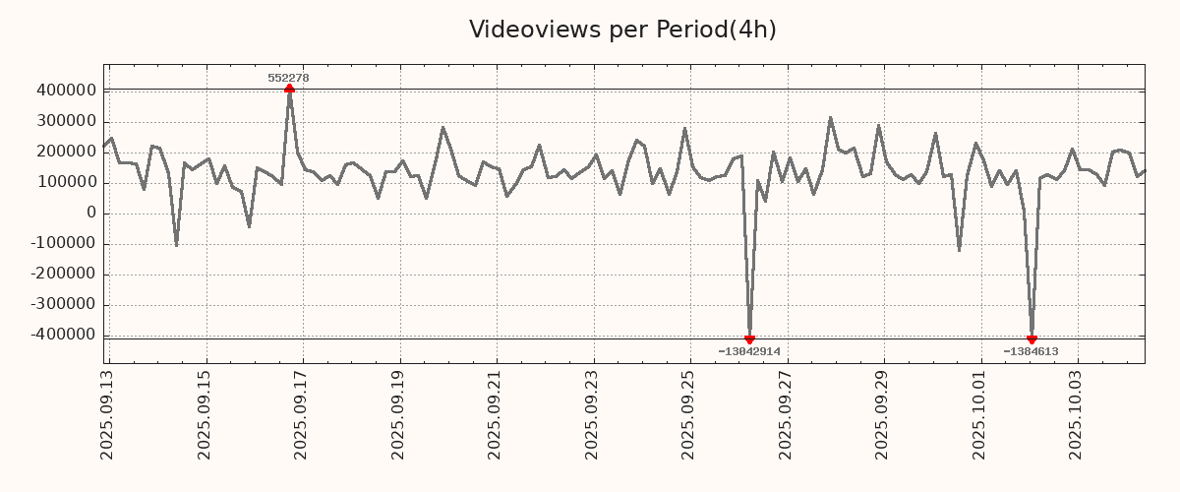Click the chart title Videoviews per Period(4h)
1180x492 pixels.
(622, 30)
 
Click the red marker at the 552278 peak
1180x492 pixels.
(289, 89)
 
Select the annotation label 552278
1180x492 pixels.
(289, 78)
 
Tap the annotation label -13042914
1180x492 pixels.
(749, 351)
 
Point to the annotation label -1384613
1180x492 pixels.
(1031, 351)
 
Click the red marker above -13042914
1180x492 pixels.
(749, 339)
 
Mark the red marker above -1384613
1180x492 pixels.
(1032, 339)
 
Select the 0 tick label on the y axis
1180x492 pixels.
(91, 213)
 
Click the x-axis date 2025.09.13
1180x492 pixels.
(108, 413)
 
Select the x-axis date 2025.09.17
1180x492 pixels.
(303, 413)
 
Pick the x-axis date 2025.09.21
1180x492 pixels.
(497, 413)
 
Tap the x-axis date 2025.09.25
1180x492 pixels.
(690, 413)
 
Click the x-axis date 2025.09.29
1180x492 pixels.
(884, 413)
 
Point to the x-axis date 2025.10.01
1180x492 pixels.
(980, 413)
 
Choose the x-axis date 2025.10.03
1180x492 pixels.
(1078, 413)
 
